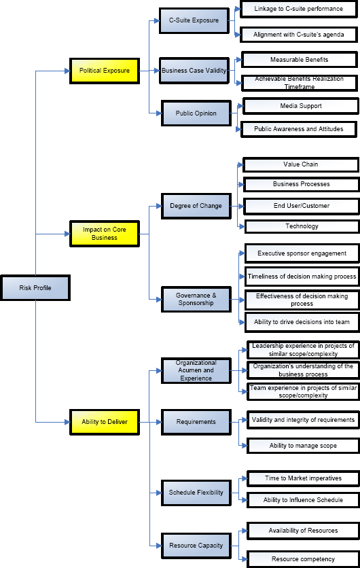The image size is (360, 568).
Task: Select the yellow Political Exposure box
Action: click(x=104, y=70)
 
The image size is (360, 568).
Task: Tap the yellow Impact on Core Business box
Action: click(x=104, y=234)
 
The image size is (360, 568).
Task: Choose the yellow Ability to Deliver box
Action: click(x=104, y=422)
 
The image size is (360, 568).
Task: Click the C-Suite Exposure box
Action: click(x=194, y=20)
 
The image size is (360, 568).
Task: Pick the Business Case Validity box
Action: click(x=194, y=70)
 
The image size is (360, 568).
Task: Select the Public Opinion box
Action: click(x=196, y=113)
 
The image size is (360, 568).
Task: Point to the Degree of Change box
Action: click(x=196, y=206)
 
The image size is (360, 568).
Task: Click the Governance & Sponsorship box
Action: click(x=196, y=299)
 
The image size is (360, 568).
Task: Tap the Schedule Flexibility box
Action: click(x=196, y=493)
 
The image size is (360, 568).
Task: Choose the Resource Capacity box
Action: click(x=196, y=546)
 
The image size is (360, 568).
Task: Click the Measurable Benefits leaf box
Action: click(x=299, y=60)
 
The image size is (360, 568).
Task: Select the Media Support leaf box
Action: click(x=300, y=106)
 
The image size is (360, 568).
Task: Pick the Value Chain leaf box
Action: click(x=300, y=164)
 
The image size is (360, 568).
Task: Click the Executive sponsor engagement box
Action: click(x=302, y=253)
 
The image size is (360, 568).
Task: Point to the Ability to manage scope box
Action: click(x=302, y=446)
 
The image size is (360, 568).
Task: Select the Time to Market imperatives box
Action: click(x=302, y=478)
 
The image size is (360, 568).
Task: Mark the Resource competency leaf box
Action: click(x=302, y=559)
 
